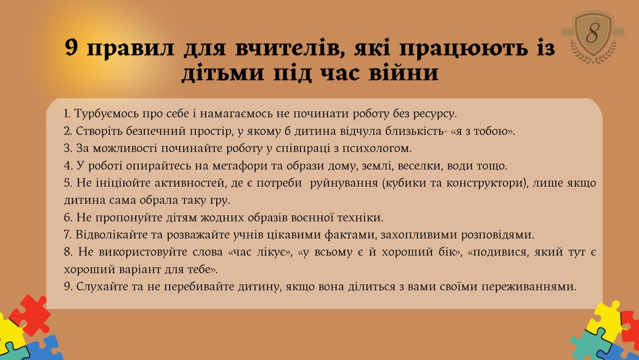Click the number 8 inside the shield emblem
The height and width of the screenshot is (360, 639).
click(x=593, y=33)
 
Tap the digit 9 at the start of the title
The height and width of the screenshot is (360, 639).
click(x=71, y=47)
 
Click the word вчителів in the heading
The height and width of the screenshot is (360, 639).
click(x=290, y=47)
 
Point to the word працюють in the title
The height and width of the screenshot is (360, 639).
click(x=464, y=48)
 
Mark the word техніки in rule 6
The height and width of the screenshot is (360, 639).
click(x=360, y=218)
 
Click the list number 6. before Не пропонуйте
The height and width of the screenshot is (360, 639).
click(x=68, y=218)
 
